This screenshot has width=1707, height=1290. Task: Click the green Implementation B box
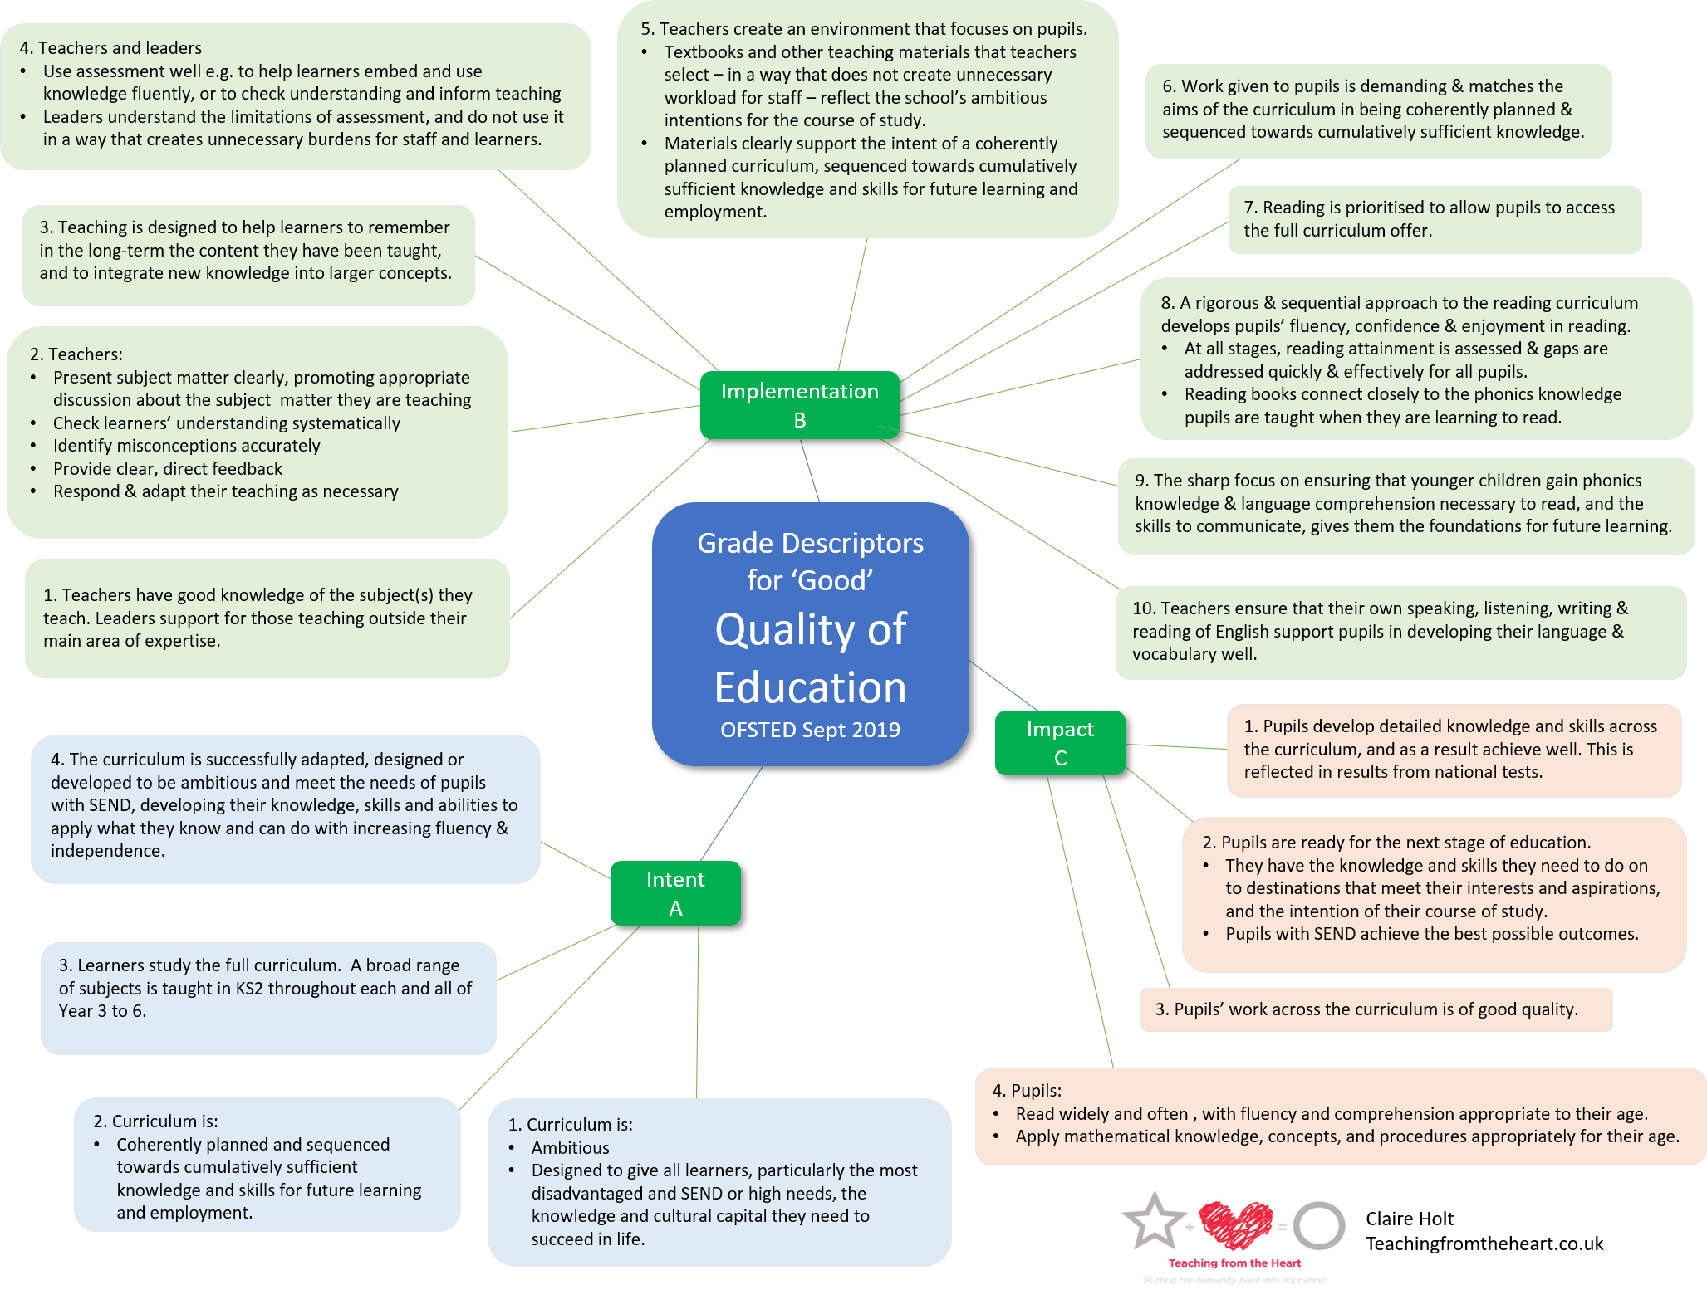pos(799,405)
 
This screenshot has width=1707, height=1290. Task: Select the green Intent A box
pos(675,893)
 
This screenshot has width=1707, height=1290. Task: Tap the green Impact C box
pos(1060,743)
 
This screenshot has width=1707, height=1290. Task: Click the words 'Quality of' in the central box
pos(810,629)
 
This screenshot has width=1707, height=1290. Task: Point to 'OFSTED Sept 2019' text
pos(810,730)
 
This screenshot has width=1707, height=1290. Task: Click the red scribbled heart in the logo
pos(1236,1224)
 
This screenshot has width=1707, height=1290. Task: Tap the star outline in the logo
pos(1153,1220)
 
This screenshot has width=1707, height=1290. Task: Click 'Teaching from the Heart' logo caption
pos(1234,1263)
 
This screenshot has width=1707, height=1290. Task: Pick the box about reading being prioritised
pos(1435,219)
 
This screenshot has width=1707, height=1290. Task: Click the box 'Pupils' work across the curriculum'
pos(1376,1009)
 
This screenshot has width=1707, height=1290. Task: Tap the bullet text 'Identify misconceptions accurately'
pos(187,446)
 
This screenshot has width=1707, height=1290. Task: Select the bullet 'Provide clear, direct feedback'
pos(168,469)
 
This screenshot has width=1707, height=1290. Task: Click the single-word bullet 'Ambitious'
pos(570,1148)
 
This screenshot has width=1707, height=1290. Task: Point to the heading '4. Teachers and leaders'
pos(110,48)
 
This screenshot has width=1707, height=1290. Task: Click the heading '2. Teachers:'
pos(76,354)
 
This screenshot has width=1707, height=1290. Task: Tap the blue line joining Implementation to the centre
pos(810,471)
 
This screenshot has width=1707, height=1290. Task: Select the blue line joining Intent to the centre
pos(731,814)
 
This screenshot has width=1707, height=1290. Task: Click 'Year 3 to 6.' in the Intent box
pos(102,1011)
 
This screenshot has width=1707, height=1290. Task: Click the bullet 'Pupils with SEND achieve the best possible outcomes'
pos(1431,934)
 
